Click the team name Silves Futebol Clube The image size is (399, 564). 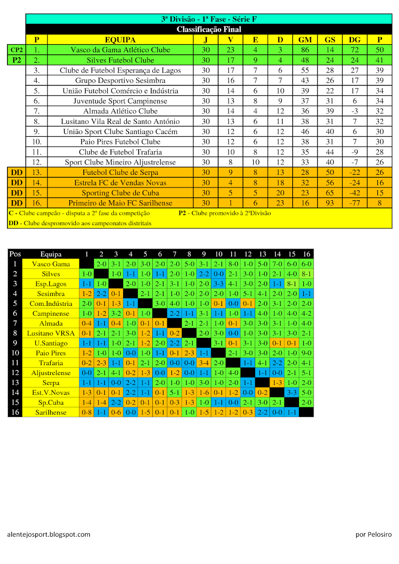click(x=120, y=60)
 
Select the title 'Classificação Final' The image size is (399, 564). click(x=209, y=30)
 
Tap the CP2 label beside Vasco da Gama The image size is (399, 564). click(x=17, y=50)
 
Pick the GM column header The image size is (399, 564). click(x=305, y=40)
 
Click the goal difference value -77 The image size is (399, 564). click(x=355, y=203)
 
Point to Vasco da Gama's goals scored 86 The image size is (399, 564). click(x=305, y=50)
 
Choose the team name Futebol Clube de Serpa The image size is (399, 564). click(x=120, y=172)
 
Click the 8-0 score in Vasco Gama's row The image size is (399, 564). click(x=233, y=264)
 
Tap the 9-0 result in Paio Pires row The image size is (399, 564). click(x=306, y=353)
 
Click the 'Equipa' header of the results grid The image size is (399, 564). click(x=51, y=254)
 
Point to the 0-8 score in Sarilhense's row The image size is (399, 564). click(x=86, y=412)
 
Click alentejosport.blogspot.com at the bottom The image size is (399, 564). click(x=48, y=534)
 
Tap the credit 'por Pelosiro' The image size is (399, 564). click(x=373, y=534)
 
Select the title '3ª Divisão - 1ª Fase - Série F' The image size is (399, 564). click(x=209, y=19)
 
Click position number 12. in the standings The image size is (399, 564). click(x=37, y=162)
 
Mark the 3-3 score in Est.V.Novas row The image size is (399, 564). click(x=292, y=392)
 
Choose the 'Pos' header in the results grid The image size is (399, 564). click(x=15, y=254)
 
